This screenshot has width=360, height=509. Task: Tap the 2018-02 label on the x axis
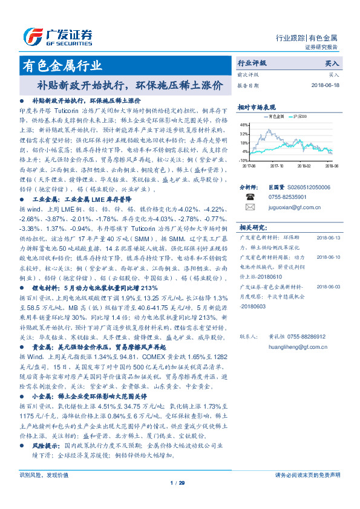click(304, 164)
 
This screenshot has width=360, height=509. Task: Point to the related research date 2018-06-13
click(329, 238)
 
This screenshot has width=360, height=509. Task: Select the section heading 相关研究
click(250, 227)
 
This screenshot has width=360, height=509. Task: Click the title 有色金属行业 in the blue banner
click(62, 65)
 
